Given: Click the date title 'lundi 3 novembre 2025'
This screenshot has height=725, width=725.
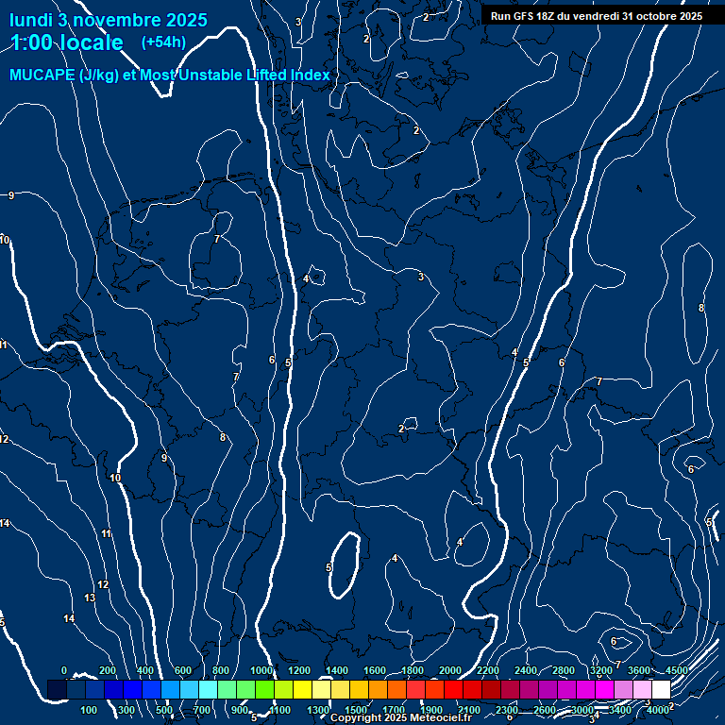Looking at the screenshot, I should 109,20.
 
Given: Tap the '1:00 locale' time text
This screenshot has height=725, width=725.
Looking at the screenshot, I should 67,42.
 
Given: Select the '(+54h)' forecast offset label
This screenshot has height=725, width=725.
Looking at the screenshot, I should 163,42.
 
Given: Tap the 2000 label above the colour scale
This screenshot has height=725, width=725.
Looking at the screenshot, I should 450,670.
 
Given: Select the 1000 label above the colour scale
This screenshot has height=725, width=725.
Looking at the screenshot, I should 261,670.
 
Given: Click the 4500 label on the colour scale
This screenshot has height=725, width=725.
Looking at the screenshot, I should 677,670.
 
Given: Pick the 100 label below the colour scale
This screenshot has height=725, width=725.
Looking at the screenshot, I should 90,710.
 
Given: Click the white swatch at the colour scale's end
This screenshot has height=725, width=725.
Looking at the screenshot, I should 661,690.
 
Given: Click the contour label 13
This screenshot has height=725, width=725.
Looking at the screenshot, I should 90,599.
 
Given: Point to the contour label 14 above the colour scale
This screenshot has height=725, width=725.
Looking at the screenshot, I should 69,618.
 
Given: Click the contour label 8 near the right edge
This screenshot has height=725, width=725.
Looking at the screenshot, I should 700,309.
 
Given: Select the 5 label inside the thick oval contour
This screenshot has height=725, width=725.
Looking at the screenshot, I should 329,567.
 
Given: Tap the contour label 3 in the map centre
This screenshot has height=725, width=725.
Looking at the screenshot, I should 421,277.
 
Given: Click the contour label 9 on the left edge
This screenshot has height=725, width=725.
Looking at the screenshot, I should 10,195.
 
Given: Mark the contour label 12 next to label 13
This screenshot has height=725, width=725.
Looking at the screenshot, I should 103,585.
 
